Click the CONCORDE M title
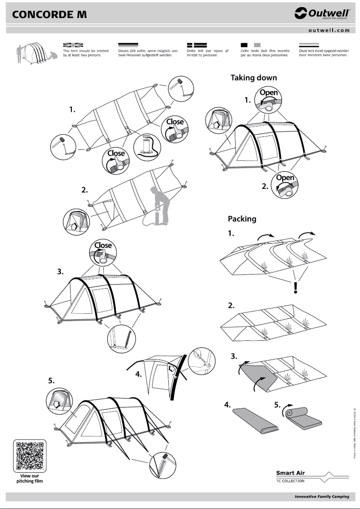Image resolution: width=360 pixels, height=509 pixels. coord(49,14)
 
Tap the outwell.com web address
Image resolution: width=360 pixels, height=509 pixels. coord(329,31)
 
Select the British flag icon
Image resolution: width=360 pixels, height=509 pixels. coord(73,45)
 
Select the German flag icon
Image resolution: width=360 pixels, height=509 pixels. coord(127,45)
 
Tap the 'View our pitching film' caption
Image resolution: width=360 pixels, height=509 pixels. coord(30,478)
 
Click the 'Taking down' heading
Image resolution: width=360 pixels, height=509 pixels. coord(254,78)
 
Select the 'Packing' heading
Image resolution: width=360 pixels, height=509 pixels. coord(242,219)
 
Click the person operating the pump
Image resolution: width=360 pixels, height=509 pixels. coord(159,204)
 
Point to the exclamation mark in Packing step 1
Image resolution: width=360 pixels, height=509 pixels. coord(295,287)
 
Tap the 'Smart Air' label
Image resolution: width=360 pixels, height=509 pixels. coord(290,473)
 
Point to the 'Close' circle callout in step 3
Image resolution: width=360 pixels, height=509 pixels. coord(103,251)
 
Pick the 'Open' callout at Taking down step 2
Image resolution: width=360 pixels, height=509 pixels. coord(285,184)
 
